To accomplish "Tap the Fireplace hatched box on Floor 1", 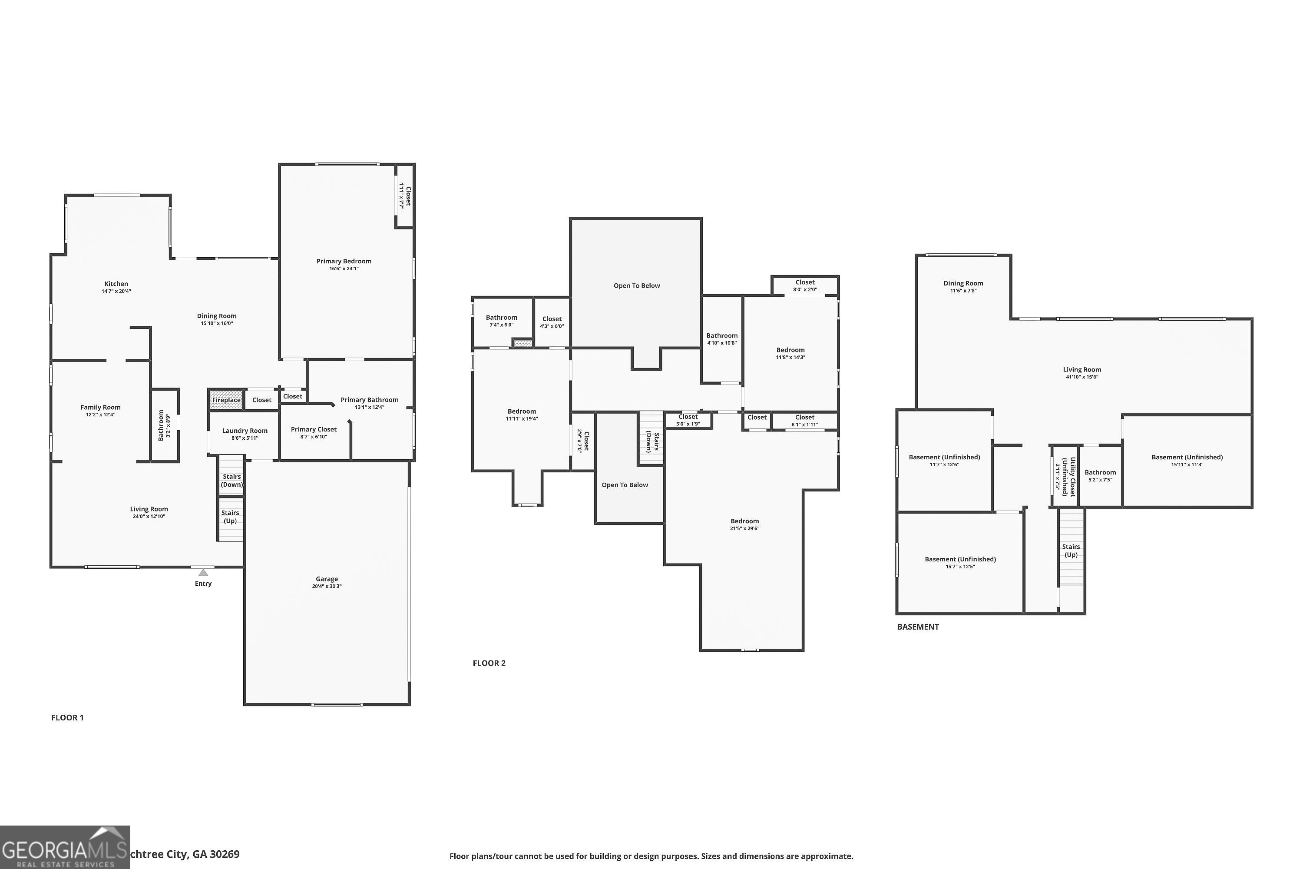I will coord(226,400).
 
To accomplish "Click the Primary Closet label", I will coord(314,430).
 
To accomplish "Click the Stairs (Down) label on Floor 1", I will coord(231,481).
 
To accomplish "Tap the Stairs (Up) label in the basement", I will coord(1071,551).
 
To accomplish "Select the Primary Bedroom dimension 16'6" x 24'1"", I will coord(344,269).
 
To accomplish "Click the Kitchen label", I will coord(116,284).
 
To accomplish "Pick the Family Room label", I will coord(100,408).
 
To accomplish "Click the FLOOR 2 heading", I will coord(489,663).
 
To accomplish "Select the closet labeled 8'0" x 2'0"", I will coord(804,285).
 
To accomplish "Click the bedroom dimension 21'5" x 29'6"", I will coord(744,529).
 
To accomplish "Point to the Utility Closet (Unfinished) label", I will coord(1068,477).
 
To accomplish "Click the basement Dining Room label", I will coord(963,283).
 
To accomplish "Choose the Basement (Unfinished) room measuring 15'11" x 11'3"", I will coord(1187,461).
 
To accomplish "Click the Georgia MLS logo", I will coord(65,847).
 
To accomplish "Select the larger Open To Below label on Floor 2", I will coord(637,286).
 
